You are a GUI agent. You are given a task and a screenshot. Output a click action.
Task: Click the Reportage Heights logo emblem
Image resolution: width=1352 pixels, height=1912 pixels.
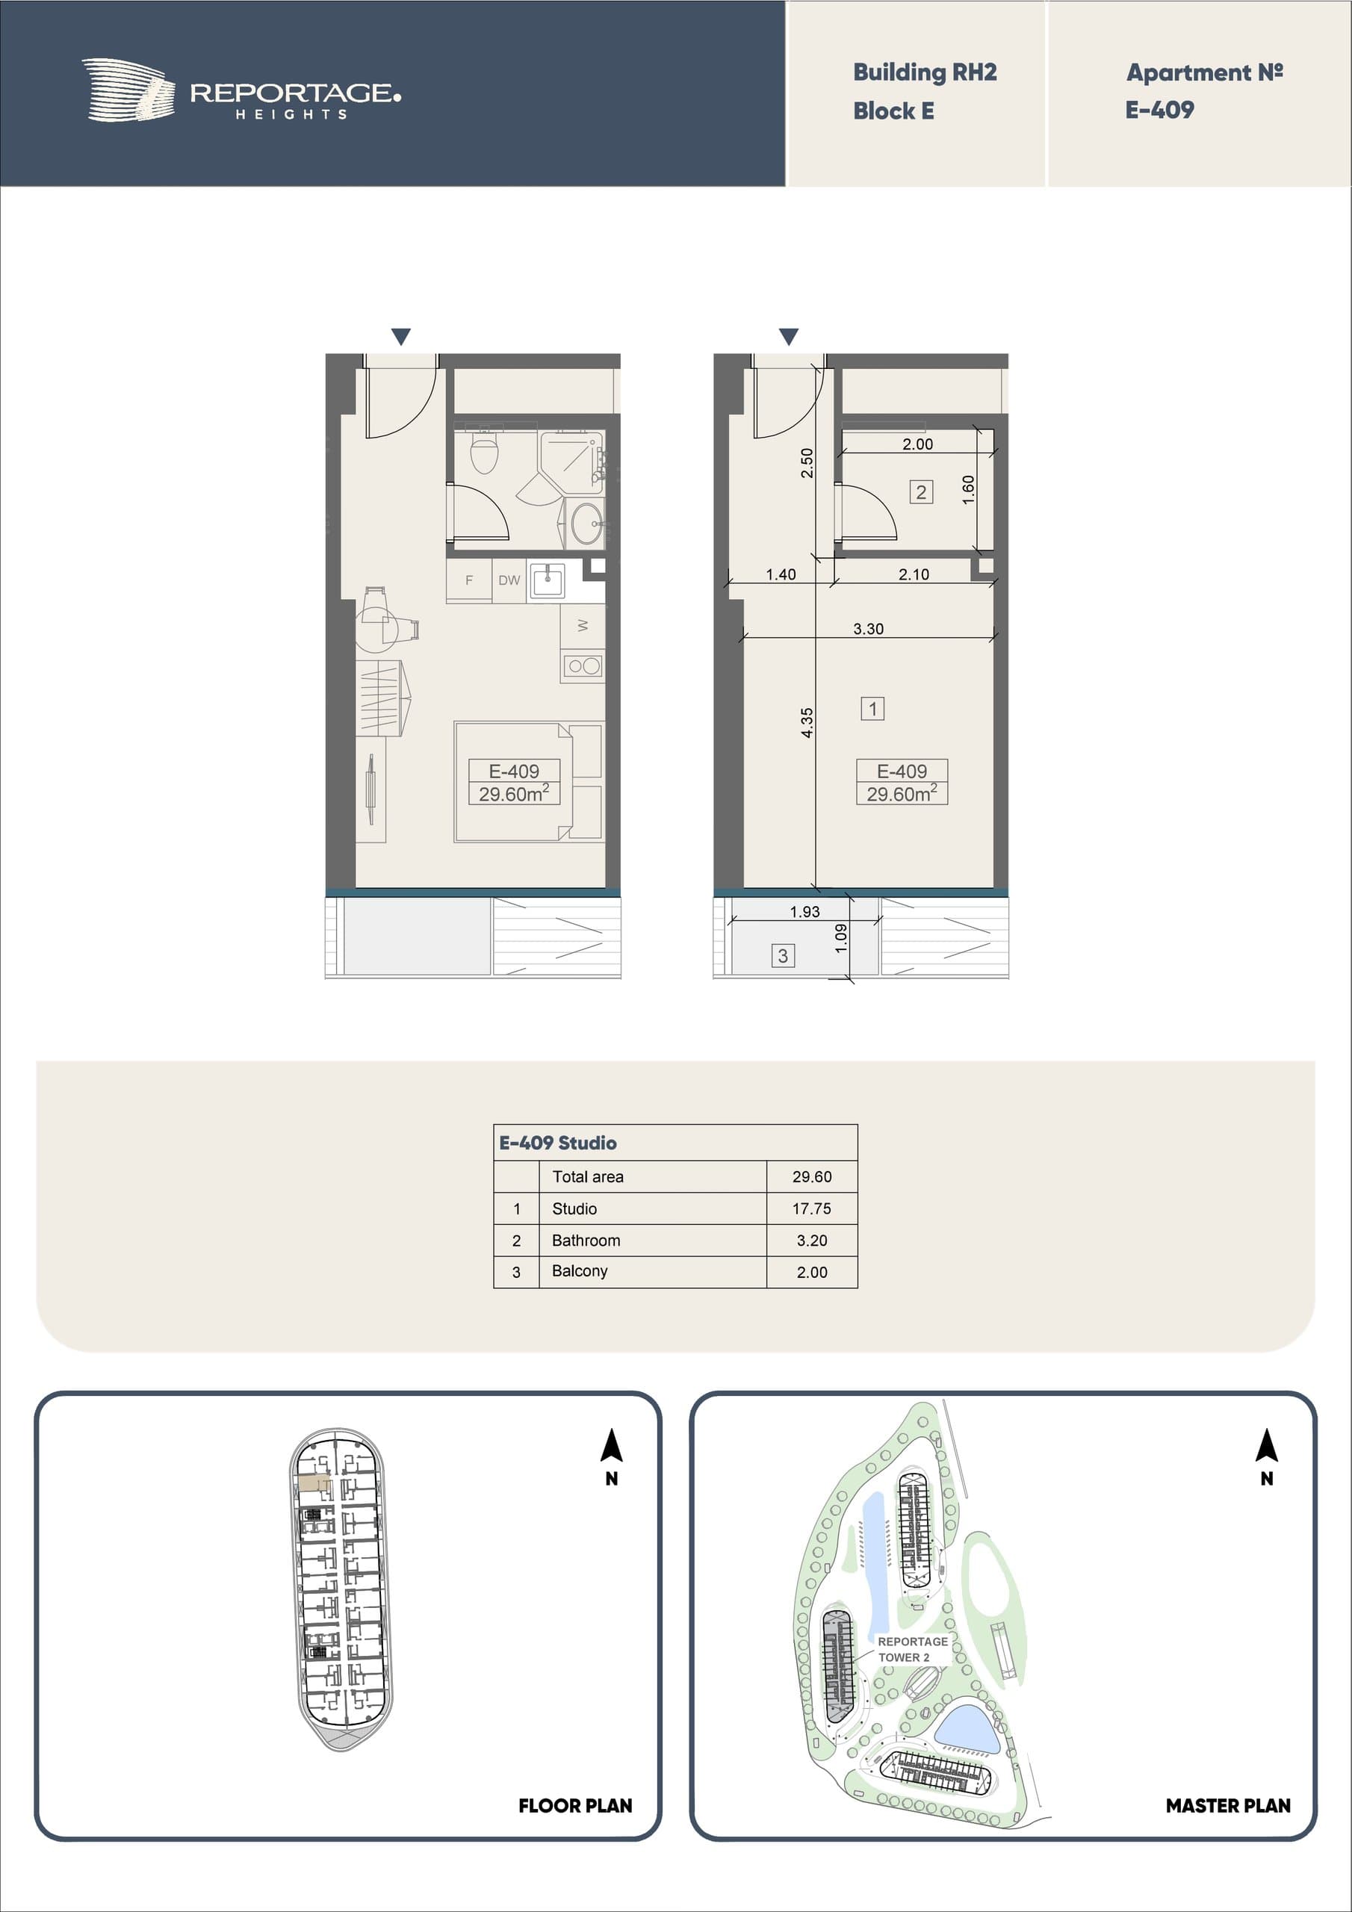click(x=128, y=90)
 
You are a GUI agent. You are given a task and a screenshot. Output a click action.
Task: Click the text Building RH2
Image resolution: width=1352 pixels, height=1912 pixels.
click(x=925, y=72)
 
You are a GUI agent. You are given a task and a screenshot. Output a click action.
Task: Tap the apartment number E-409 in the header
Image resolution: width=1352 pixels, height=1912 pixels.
click(x=1159, y=109)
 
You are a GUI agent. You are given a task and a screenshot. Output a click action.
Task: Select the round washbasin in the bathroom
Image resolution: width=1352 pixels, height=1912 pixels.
click(x=587, y=523)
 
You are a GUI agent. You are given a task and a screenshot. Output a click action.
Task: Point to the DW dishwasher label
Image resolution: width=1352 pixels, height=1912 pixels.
click(x=509, y=580)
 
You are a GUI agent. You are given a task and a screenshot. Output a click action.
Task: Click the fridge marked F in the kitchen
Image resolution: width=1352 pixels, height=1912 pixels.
click(x=469, y=580)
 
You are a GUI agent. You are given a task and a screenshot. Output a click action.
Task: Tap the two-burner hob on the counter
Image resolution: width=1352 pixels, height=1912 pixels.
click(x=583, y=665)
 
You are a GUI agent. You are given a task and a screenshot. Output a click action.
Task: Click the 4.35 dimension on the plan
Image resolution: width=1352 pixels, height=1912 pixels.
click(x=807, y=722)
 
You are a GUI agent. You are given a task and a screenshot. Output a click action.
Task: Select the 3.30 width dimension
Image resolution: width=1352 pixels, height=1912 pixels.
click(x=868, y=629)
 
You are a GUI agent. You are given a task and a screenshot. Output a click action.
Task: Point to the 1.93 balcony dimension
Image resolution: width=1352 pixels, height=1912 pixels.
click(x=804, y=911)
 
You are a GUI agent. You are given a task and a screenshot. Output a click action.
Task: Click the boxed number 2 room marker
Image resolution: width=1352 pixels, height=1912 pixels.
click(x=920, y=492)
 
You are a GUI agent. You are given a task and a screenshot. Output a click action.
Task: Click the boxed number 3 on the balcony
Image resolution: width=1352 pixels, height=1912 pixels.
click(x=782, y=955)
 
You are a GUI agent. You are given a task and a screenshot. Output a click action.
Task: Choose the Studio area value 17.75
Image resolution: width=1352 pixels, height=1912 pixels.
click(x=811, y=1208)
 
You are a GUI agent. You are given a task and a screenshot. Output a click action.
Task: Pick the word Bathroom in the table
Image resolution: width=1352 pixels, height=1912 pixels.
click(x=586, y=1240)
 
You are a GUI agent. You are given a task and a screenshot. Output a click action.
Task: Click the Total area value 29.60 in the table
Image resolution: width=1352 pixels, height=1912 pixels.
click(x=811, y=1176)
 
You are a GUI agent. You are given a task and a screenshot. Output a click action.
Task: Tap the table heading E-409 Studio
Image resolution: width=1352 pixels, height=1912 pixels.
click(x=557, y=1143)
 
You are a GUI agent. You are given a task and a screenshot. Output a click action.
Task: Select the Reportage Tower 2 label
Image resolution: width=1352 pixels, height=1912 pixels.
click(x=912, y=1649)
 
